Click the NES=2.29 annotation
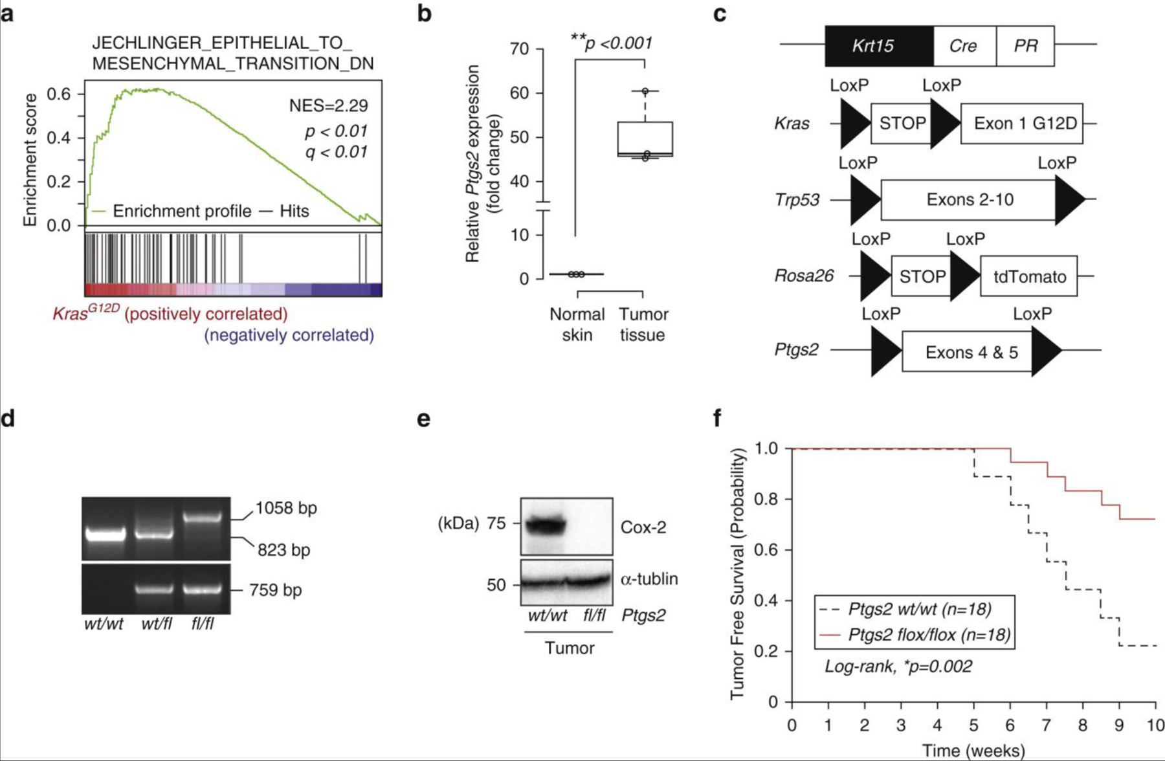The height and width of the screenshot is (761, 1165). [x=328, y=105]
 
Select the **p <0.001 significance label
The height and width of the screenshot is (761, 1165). [x=611, y=43]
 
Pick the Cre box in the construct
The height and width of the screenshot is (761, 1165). [x=964, y=46]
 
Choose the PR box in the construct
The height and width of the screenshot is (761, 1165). [x=1025, y=46]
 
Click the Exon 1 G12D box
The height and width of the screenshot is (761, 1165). [x=1021, y=123]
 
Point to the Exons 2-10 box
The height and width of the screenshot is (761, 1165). [x=969, y=199]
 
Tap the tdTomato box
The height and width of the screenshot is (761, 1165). [x=1029, y=277]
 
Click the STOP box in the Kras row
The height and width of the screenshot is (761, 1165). [x=902, y=123]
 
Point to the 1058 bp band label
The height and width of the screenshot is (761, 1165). [x=286, y=508]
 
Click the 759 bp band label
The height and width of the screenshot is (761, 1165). [x=276, y=590]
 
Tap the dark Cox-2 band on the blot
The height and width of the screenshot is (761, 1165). [x=544, y=525]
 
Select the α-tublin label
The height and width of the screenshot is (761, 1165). [x=649, y=579]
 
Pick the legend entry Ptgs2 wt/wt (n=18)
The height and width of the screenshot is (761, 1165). [x=919, y=609]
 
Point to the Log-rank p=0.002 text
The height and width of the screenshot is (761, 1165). [x=898, y=667]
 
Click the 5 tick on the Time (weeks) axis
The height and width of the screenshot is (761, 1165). [x=973, y=725]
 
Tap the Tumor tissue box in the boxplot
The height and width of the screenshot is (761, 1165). [x=645, y=138]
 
